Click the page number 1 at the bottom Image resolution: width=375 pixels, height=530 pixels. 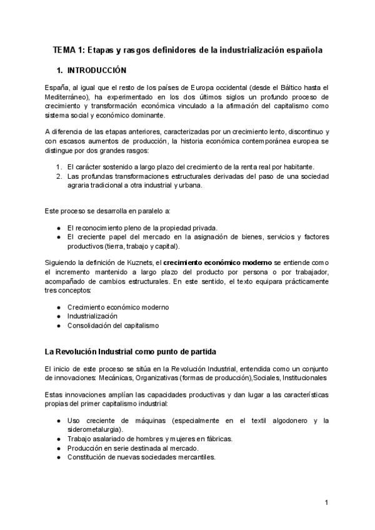[x=327, y=502]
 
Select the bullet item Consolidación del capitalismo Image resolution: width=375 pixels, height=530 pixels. [x=113, y=325]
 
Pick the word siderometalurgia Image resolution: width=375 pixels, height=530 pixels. [x=94, y=430]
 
